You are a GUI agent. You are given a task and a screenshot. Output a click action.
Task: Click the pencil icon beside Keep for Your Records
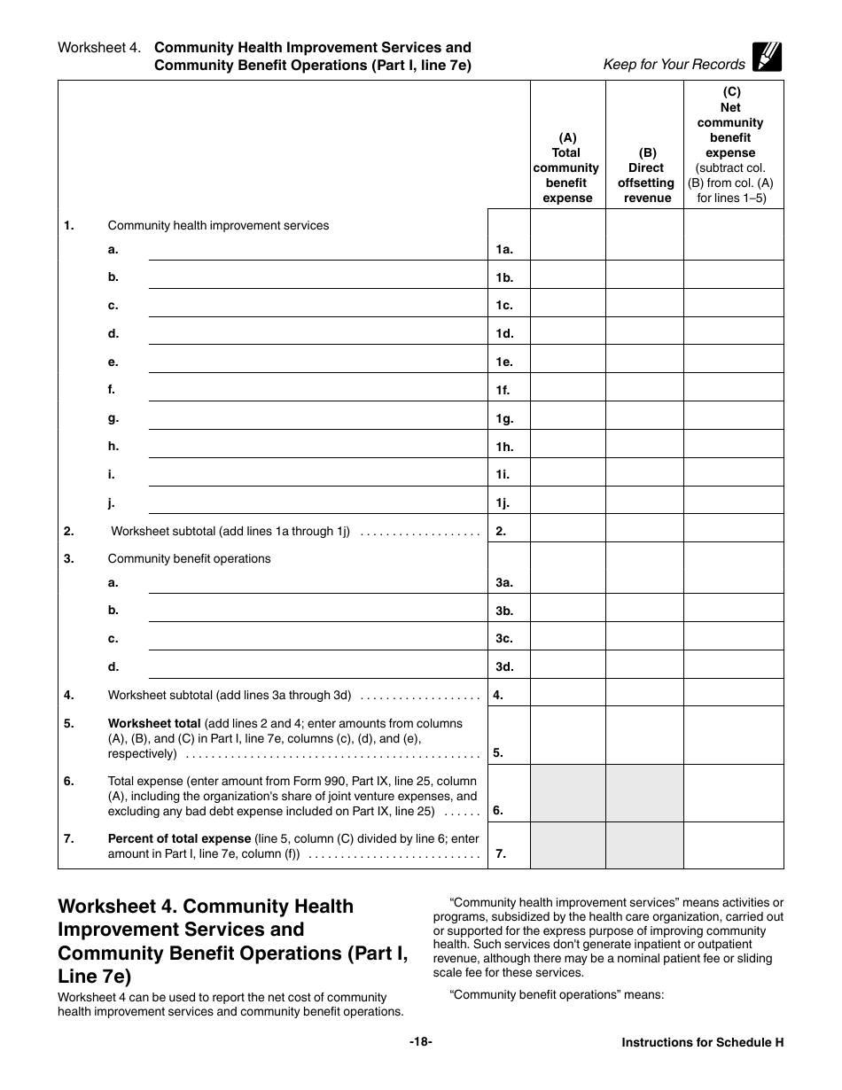[x=767, y=58]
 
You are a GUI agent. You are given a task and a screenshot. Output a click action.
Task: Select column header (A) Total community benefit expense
[x=567, y=167]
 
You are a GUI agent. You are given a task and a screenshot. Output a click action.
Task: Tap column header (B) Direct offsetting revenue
[x=646, y=175]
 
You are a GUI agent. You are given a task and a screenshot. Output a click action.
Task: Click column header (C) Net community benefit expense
[x=731, y=144]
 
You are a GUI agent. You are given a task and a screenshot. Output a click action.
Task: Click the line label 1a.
[x=504, y=250]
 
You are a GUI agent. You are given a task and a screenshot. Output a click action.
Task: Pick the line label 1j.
[x=503, y=503]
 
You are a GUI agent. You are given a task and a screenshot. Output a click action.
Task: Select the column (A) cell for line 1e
[x=567, y=360]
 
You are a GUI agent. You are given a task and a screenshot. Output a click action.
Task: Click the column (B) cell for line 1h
[x=644, y=445]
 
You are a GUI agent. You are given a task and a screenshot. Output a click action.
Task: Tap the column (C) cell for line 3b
[x=733, y=609]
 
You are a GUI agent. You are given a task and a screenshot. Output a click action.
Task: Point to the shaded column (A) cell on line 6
[x=567, y=793]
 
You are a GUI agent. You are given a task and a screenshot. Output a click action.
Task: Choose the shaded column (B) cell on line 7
[x=644, y=845]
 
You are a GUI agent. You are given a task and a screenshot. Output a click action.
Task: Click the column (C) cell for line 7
[x=733, y=845]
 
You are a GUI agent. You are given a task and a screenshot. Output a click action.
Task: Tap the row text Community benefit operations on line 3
[x=189, y=558]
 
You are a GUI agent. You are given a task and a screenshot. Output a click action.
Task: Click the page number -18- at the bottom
[x=420, y=1042]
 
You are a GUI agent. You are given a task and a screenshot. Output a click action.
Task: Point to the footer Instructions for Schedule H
[x=702, y=1043]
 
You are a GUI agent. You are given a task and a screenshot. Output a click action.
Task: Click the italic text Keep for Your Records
[x=674, y=64]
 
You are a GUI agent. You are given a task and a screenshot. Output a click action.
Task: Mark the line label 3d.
[x=504, y=666]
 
